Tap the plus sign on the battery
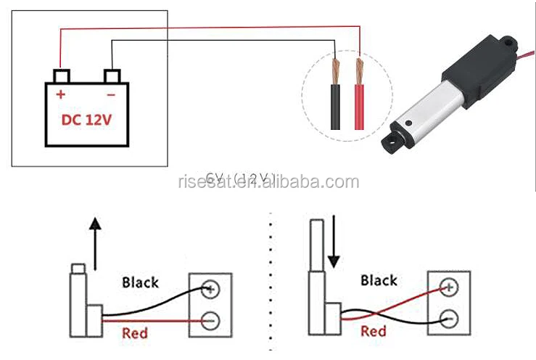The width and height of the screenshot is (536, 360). tap(61, 94)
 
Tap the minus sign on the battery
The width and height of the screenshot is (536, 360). tap(110, 94)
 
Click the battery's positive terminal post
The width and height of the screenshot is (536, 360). tap(61, 75)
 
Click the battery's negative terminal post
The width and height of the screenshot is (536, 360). tap(112, 75)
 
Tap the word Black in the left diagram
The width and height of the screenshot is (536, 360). tap(140, 282)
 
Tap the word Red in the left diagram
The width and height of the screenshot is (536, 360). tap(135, 333)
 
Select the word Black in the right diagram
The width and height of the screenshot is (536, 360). tap(379, 279)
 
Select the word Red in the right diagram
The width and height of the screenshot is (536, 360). tap(374, 332)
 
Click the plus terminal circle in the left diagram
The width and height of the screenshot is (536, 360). tap(211, 288)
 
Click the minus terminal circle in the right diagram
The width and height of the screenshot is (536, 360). tap(449, 317)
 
